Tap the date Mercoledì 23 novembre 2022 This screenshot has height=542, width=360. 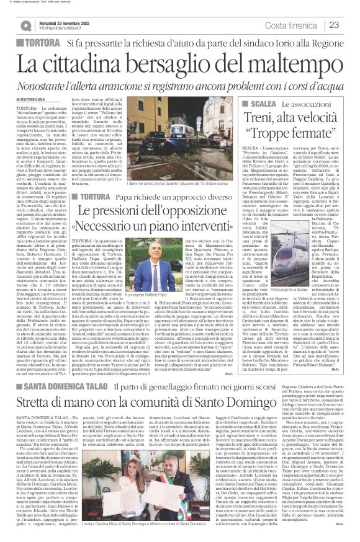67,22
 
